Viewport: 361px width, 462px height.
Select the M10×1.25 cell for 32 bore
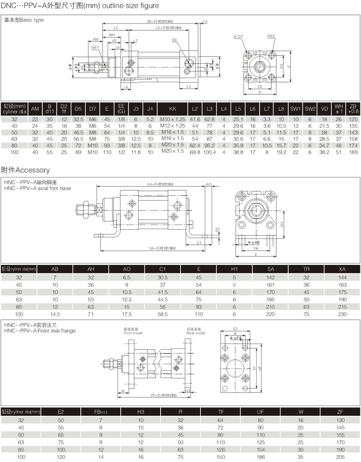point(172,119)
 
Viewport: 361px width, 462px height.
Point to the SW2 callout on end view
point(271,36)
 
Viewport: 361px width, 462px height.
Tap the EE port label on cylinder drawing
point(175,40)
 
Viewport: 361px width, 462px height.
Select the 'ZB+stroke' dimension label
point(160,21)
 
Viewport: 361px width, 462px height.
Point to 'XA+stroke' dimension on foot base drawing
point(160,184)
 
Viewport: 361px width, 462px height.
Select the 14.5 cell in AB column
point(55,313)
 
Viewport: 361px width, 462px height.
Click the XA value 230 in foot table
point(342,313)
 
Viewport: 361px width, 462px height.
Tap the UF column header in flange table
point(260,411)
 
